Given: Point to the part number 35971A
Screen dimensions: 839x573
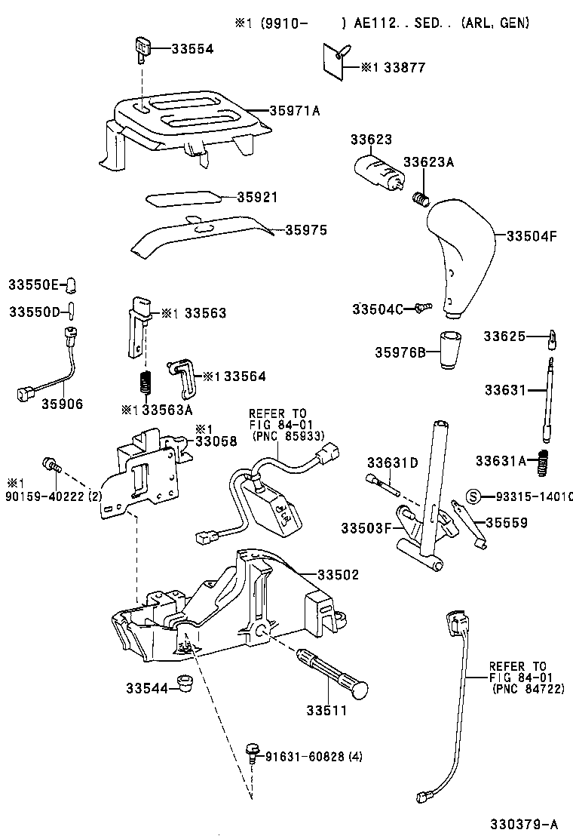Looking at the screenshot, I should (x=295, y=110).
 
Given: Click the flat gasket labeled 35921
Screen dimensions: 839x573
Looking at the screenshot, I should (x=184, y=197).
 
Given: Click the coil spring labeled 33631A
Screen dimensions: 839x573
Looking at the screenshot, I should (x=542, y=462).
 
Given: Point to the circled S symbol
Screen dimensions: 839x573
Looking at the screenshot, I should (x=474, y=496).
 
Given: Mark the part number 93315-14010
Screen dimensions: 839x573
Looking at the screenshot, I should (x=533, y=496).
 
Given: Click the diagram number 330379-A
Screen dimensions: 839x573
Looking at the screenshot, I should (x=525, y=822).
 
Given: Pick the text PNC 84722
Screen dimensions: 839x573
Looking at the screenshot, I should (x=528, y=689).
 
